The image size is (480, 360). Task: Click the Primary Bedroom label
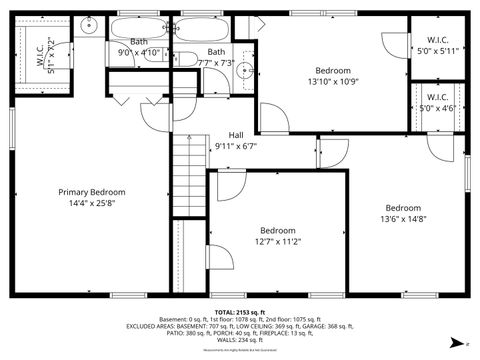click(x=91, y=192)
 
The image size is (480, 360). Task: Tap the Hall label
click(x=236, y=135)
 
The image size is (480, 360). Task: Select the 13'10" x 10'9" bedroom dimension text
click(x=333, y=82)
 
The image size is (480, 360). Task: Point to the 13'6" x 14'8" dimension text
click(x=404, y=220)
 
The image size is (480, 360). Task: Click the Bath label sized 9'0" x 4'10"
click(x=138, y=41)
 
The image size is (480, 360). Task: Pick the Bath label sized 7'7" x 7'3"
click(x=216, y=51)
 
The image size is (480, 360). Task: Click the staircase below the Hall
click(x=188, y=175)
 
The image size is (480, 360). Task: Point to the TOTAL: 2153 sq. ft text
click(x=240, y=313)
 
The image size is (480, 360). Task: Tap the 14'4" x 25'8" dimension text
click(x=91, y=204)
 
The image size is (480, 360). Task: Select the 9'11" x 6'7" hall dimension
click(x=236, y=146)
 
